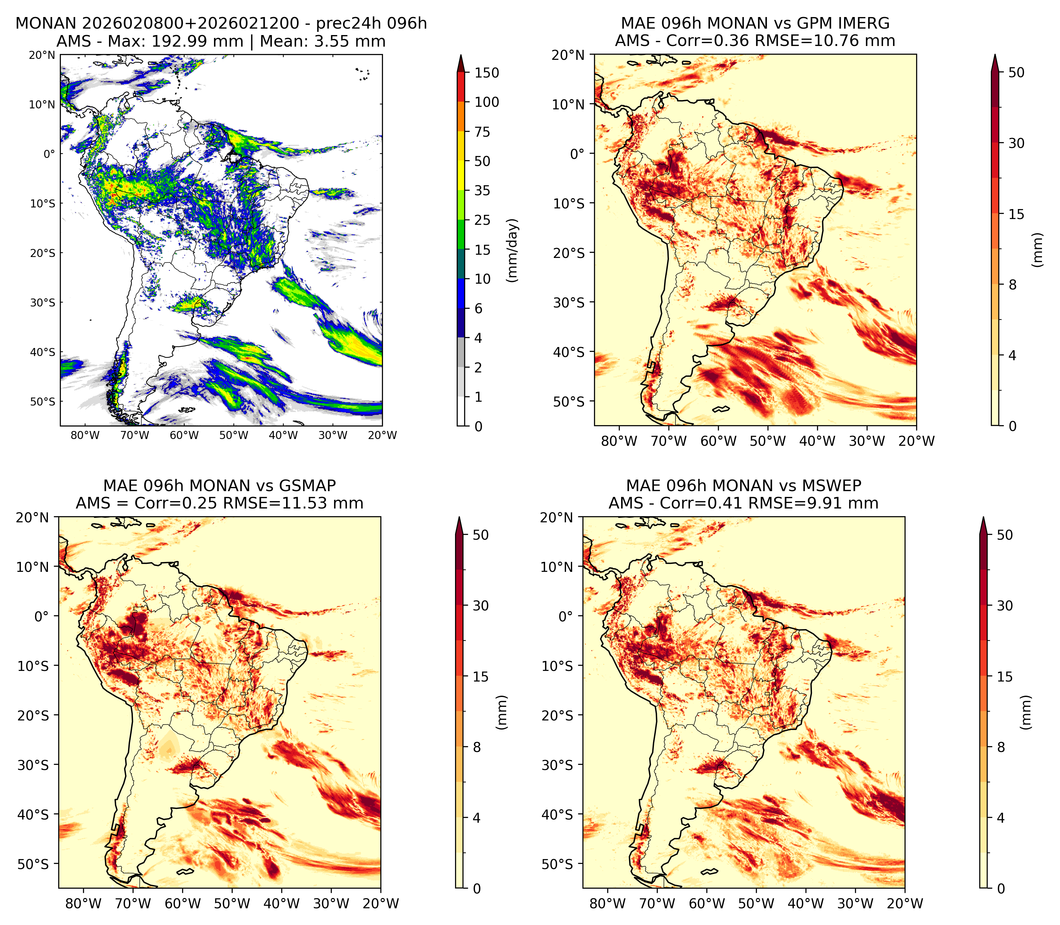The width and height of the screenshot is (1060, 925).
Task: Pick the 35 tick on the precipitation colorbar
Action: click(x=482, y=190)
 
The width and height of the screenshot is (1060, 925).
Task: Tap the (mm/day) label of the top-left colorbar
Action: click(x=512, y=250)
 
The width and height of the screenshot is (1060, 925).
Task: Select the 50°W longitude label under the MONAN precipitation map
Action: click(x=234, y=435)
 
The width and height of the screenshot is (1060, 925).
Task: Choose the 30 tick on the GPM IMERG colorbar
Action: click(x=1016, y=143)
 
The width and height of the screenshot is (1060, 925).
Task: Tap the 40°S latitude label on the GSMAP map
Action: click(x=33, y=815)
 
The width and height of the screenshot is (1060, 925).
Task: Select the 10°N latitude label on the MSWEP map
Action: click(x=557, y=567)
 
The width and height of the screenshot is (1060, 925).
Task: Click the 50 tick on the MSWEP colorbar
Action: click(x=1005, y=535)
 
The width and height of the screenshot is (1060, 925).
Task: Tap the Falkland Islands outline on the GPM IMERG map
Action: click(x=721, y=409)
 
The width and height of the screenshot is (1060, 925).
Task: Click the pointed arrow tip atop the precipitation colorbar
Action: click(x=461, y=55)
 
